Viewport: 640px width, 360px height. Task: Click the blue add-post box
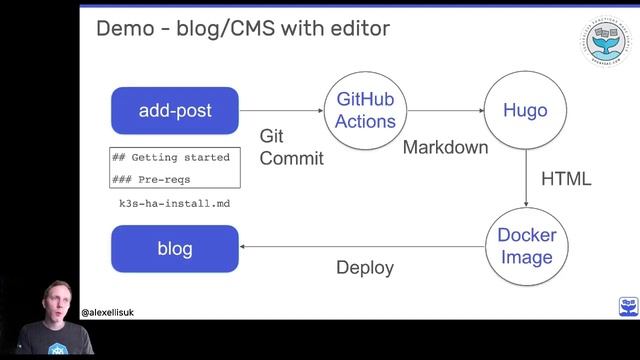[x=175, y=111]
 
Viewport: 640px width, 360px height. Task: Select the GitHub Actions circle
[x=365, y=111]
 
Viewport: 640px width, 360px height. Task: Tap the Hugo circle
[x=525, y=111]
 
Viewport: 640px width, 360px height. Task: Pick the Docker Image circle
[x=525, y=247]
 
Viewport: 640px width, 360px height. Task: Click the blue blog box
[x=175, y=249]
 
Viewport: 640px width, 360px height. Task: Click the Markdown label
[x=445, y=147]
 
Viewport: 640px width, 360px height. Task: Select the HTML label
[x=565, y=180]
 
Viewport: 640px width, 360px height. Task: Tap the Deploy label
[x=364, y=268]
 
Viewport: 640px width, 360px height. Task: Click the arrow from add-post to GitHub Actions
[x=281, y=111]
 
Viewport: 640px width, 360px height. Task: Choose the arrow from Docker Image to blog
[x=364, y=248]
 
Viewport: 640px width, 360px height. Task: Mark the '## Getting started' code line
[x=171, y=157]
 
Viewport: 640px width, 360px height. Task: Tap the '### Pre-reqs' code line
[x=151, y=179]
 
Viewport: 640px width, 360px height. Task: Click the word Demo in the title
[x=123, y=28]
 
